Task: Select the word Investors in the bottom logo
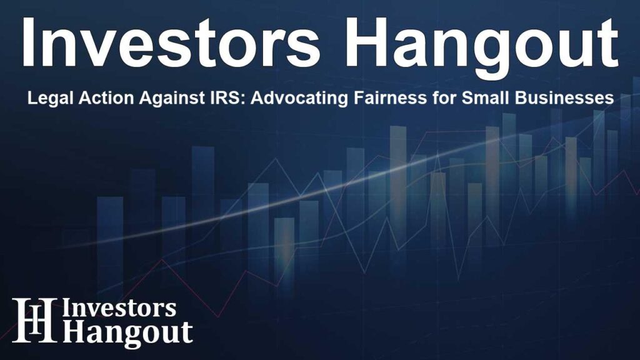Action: pos(119,309)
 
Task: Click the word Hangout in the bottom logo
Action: pos(127,332)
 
